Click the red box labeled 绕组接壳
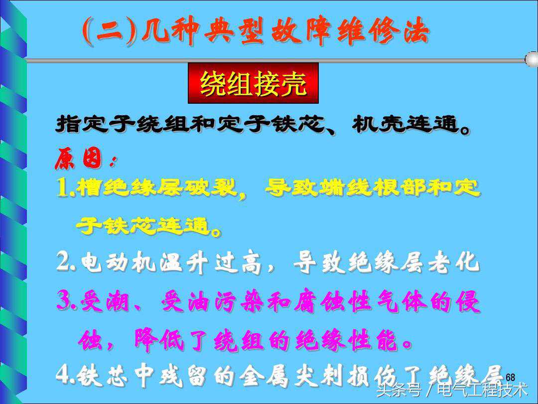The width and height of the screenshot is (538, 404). tap(253, 83)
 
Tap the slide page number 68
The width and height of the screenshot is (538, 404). tap(510, 377)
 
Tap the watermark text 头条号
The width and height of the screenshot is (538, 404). tap(398, 390)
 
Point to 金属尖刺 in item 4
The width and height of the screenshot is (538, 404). tap(290, 375)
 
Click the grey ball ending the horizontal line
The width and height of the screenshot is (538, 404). tap(532, 59)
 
